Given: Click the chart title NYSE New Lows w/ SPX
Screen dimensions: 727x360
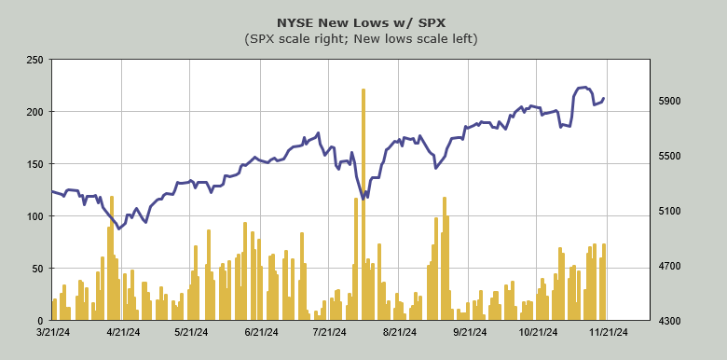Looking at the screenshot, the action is click(x=361, y=22).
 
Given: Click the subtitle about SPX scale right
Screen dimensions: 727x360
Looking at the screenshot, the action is click(x=361, y=39).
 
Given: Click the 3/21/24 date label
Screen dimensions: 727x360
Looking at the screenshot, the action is click(x=54, y=332).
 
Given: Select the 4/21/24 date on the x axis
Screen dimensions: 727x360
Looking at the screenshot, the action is click(x=123, y=332).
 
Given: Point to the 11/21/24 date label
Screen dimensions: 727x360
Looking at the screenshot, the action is click(x=608, y=332).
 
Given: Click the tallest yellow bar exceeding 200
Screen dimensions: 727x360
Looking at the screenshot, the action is click(x=363, y=204).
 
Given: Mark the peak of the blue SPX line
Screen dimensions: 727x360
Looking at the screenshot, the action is click(x=585, y=87).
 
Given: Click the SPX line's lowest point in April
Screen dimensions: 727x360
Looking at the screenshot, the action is click(x=119, y=228).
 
